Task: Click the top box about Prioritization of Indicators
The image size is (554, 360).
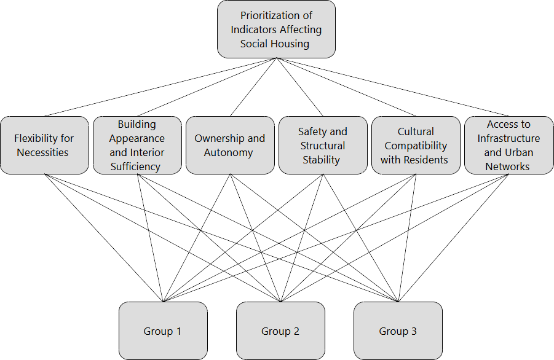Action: coord(276,29)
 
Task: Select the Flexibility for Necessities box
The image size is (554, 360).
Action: coord(44,146)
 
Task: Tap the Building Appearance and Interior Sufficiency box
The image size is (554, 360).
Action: coord(137,146)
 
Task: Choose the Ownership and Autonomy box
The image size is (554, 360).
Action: coord(230,146)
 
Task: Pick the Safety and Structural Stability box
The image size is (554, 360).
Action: coord(322,146)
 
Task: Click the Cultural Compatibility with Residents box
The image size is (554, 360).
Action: coord(416,146)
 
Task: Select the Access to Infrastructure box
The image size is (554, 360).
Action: coord(508,146)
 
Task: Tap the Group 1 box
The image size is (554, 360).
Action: coord(162,331)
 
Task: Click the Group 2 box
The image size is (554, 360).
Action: coord(280,331)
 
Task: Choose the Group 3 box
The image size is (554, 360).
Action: coord(398,331)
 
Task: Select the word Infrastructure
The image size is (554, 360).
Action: coord(508,138)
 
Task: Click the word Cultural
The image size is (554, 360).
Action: coord(416,131)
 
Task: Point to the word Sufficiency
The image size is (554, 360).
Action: coord(135,166)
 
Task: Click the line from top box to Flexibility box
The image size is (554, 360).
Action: coord(160,87)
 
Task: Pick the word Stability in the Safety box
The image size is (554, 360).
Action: coord(321,160)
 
